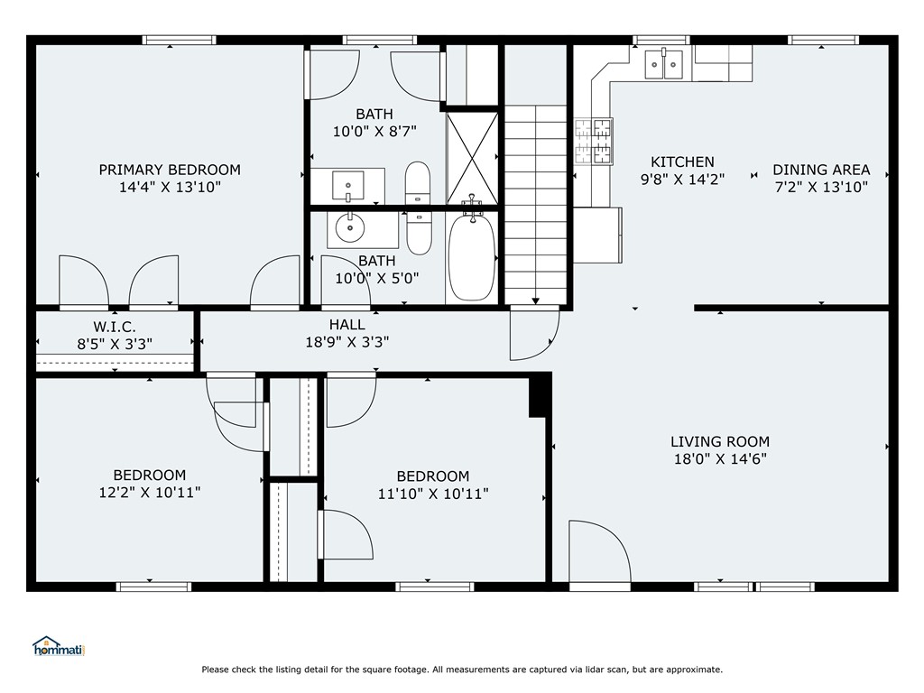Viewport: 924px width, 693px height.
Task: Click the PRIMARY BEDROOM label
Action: pos(170,170)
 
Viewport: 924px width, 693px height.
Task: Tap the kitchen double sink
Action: pos(663,64)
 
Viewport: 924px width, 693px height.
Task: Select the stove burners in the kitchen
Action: pos(594,142)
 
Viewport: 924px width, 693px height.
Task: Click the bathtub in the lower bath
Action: pos(471,257)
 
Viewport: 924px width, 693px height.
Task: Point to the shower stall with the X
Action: pos(472,159)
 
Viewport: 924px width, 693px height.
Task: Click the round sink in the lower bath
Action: pos(350,227)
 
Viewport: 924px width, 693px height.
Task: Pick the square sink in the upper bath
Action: pos(348,186)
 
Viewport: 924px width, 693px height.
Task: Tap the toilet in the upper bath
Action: pos(418,182)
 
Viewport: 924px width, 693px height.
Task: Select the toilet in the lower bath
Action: pos(419,233)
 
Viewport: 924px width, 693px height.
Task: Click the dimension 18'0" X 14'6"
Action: pos(720,459)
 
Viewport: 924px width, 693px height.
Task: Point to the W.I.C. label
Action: pos(115,327)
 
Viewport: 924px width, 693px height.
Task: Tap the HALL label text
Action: pos(347,324)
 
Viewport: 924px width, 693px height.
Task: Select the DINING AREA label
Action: pos(821,170)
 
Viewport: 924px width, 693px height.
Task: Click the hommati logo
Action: pos(59,646)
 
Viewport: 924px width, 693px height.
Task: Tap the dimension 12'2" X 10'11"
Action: pos(150,492)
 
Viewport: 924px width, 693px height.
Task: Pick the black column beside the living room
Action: pos(540,395)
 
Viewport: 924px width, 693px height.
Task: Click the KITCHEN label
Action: pos(682,162)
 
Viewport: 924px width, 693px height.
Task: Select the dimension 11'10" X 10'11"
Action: pos(433,494)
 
